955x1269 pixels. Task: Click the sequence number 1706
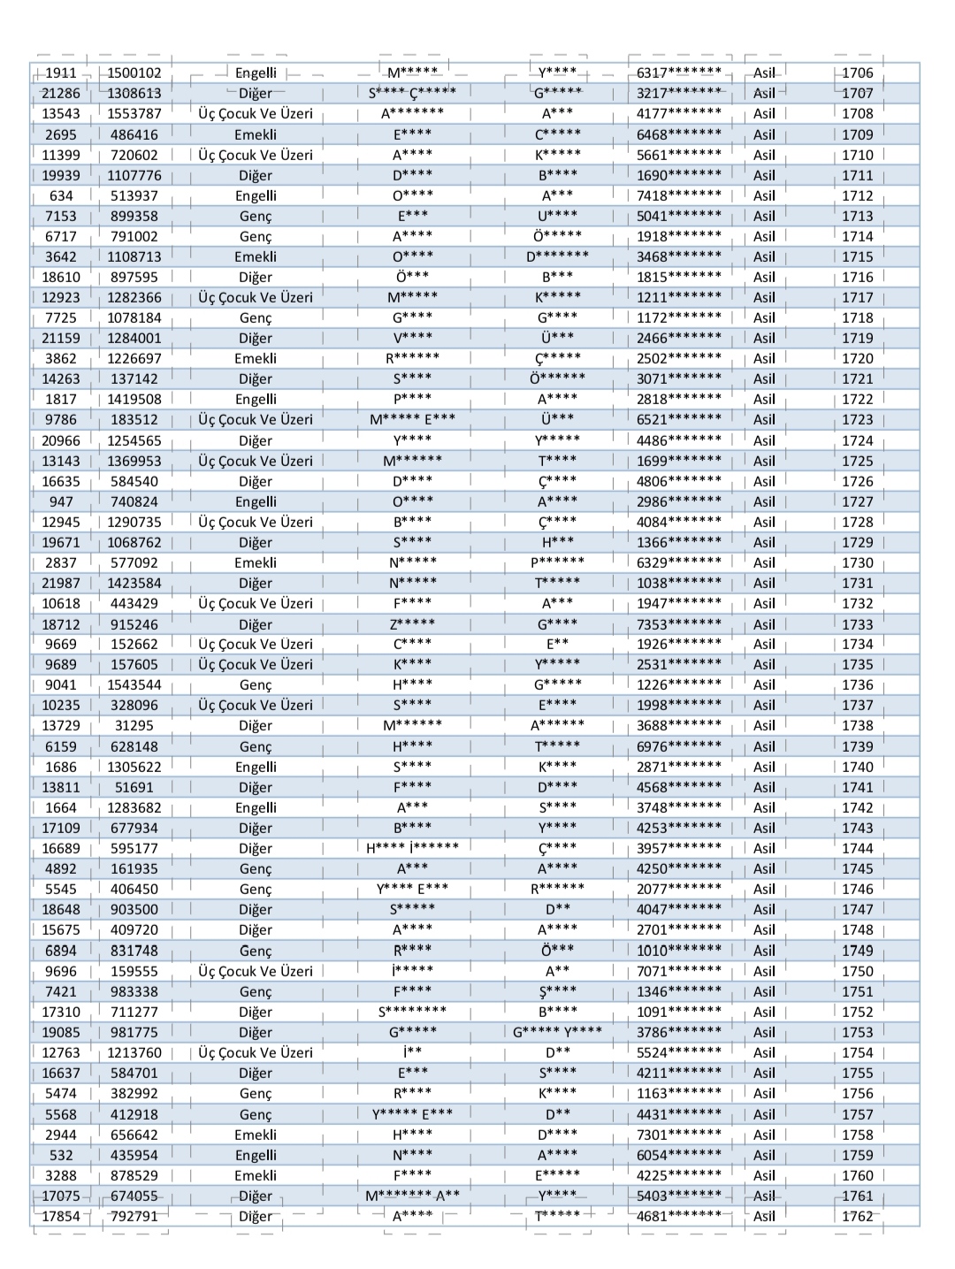click(857, 73)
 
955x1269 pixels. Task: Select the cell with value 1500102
click(134, 73)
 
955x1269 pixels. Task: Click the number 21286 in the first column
click(61, 94)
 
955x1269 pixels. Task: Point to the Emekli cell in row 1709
click(256, 134)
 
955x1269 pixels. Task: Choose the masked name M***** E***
click(413, 420)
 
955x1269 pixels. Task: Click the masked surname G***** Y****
click(557, 1032)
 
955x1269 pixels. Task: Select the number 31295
click(134, 726)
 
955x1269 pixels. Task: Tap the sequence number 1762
click(857, 1216)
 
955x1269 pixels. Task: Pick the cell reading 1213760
click(134, 1052)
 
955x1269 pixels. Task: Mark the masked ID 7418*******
click(679, 195)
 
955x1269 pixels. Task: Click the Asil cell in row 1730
click(764, 563)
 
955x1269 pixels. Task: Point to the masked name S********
click(413, 1012)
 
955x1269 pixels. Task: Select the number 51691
click(134, 787)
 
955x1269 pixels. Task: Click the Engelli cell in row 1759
click(256, 1155)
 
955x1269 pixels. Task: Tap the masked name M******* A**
click(413, 1196)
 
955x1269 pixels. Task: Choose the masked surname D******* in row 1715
click(557, 257)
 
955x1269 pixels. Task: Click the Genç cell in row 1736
click(256, 685)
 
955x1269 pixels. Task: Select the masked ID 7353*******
click(679, 624)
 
